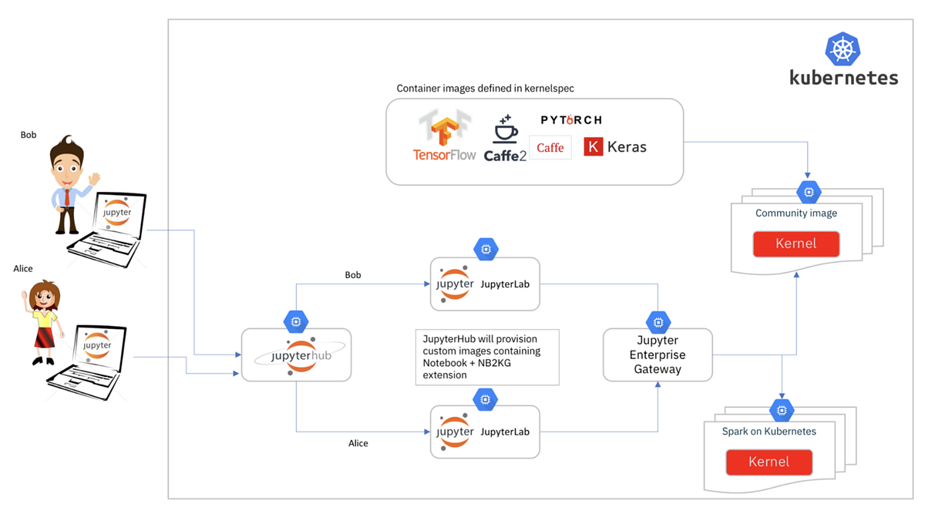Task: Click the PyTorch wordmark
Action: (x=571, y=120)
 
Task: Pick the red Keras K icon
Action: (x=593, y=146)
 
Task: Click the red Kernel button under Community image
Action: (x=795, y=244)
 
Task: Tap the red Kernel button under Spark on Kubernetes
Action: (x=769, y=462)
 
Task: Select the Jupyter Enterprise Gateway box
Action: (x=658, y=354)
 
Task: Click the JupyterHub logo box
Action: (x=297, y=355)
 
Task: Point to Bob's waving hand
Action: (x=94, y=179)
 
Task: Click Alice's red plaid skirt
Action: (x=43, y=336)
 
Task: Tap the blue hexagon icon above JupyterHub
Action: (x=296, y=321)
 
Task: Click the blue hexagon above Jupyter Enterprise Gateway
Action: (x=658, y=321)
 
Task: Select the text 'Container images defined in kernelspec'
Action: (x=485, y=89)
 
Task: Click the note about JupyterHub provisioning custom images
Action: (x=486, y=357)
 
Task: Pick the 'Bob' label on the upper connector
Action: (x=352, y=275)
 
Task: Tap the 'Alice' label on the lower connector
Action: (x=358, y=443)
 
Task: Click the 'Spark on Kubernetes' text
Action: (x=769, y=432)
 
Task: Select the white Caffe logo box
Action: (x=550, y=147)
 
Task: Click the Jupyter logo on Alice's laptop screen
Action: (x=97, y=345)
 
